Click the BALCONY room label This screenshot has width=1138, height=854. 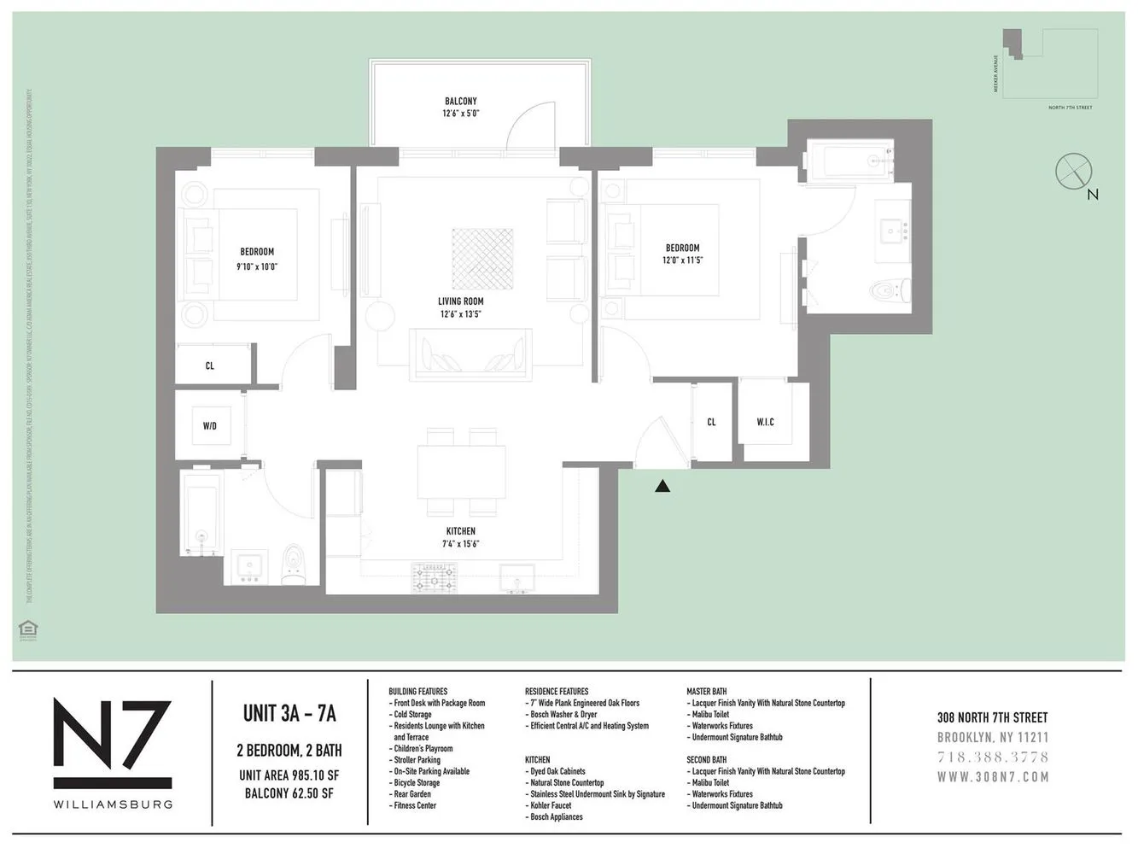[460, 101]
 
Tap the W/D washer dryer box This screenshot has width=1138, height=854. [209, 424]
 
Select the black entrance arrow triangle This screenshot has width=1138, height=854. [662, 486]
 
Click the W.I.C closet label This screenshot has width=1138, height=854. [765, 422]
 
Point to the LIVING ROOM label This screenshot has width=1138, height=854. [461, 301]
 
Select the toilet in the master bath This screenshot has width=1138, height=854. [889, 291]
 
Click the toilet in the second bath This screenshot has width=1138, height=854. [290, 565]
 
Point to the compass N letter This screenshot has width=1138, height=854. [1093, 195]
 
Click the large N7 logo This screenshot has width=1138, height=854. [113, 743]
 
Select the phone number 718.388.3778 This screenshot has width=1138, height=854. [992, 757]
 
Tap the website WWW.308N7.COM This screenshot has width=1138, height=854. [992, 777]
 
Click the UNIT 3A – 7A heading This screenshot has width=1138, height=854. [289, 713]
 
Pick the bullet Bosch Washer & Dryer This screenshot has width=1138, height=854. [563, 715]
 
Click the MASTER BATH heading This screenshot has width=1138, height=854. [707, 692]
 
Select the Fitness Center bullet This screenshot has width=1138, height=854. [415, 805]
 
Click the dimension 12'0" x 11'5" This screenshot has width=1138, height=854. [682, 260]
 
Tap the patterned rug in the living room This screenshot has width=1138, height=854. [482, 257]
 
